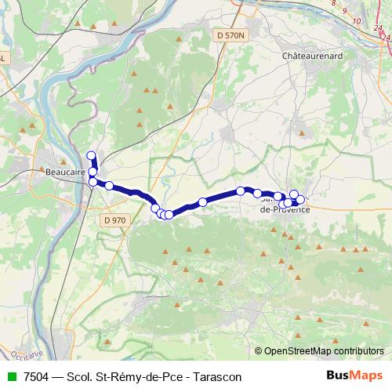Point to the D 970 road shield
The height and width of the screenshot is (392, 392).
[x=114, y=220]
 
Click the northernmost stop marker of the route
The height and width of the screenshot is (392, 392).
[x=91, y=155]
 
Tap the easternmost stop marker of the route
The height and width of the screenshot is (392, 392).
[x=300, y=200]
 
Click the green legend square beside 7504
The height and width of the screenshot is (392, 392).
[x=10, y=376]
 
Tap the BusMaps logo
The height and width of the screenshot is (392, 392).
[x=354, y=376]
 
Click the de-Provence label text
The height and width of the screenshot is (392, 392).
[x=284, y=210]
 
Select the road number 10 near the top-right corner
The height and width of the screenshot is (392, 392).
[x=357, y=20]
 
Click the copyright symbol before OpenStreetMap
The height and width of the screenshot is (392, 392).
[x=258, y=351]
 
